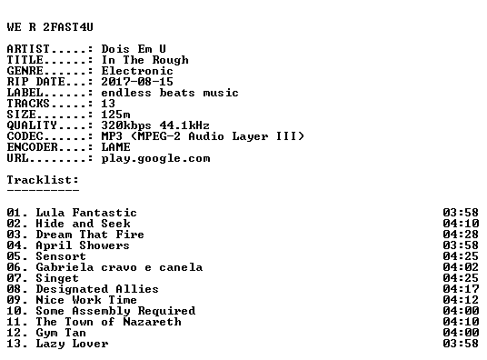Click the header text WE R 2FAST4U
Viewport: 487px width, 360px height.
(50, 27)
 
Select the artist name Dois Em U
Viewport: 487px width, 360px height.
(134, 49)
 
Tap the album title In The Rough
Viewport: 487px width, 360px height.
(144, 60)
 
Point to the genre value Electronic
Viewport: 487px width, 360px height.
(137, 71)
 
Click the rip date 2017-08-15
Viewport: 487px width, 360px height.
(137, 82)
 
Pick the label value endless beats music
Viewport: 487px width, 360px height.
(170, 93)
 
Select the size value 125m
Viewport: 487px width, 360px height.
(116, 115)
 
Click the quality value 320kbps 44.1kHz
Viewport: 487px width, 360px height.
(155, 125)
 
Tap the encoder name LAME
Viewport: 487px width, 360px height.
(116, 147)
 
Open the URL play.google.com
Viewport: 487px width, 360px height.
(155, 158)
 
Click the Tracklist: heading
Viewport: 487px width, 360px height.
(43, 180)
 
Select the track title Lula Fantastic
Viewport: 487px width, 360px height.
(86, 213)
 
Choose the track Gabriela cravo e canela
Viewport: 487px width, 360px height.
(119, 267)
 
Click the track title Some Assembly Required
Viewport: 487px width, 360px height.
(115, 311)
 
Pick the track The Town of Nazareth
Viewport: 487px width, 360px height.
(108, 322)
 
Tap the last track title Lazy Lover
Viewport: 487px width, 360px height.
(72, 344)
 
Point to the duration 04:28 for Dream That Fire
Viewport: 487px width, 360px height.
(461, 235)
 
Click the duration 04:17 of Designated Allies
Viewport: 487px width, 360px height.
(461, 289)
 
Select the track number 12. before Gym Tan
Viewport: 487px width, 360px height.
(17, 333)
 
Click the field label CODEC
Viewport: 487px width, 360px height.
(25, 136)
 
